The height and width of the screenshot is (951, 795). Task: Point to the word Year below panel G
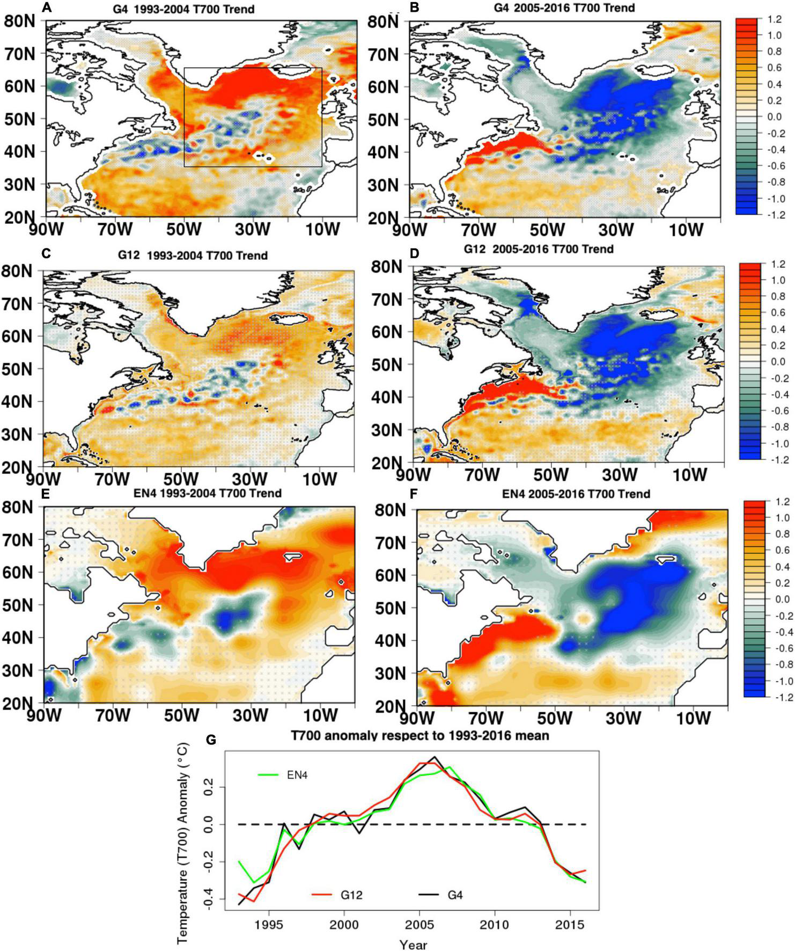(x=413, y=943)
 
